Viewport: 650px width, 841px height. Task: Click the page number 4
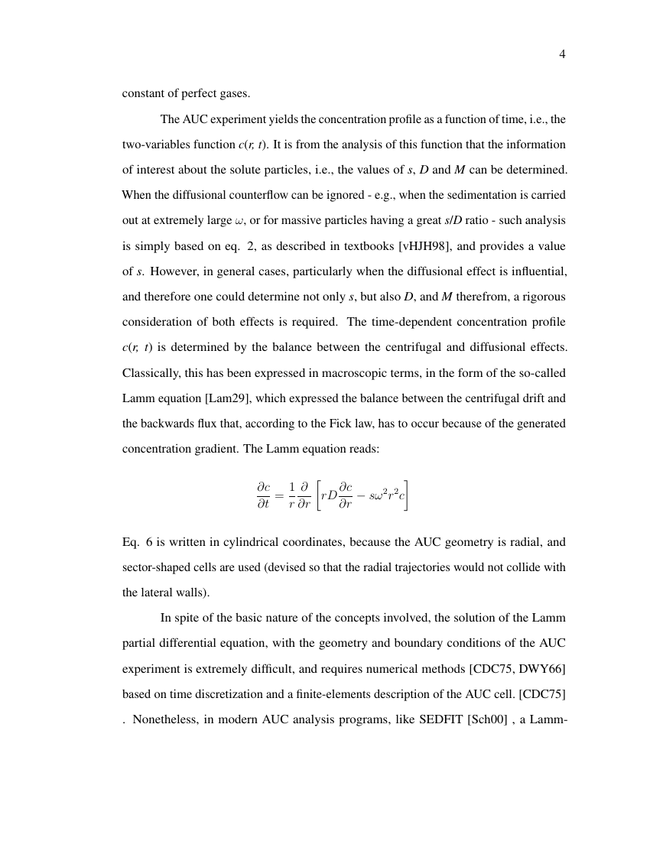(562, 54)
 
